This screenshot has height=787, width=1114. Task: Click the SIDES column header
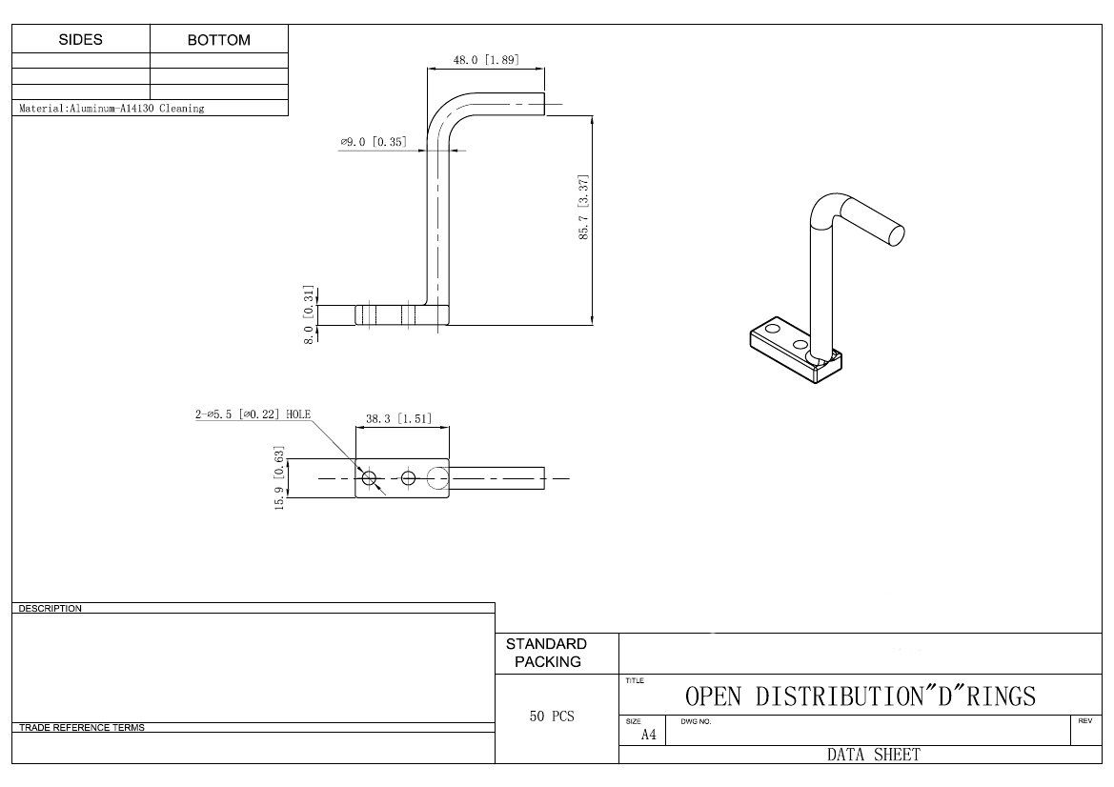pyautogui.click(x=81, y=40)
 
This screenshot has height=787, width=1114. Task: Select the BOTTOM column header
pyautogui.click(x=219, y=40)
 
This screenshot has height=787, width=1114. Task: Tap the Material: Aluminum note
pyautogui.click(x=111, y=109)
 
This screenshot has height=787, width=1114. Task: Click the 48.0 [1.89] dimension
pyautogui.click(x=485, y=60)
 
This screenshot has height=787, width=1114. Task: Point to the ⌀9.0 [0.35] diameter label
pyautogui.click(x=374, y=142)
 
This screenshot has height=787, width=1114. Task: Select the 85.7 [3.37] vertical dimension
pyautogui.click(x=584, y=207)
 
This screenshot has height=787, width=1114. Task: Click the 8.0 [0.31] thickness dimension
pyautogui.click(x=309, y=313)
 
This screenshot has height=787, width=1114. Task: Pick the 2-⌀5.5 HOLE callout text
pyautogui.click(x=253, y=414)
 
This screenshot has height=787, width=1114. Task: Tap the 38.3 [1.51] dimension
pyautogui.click(x=400, y=418)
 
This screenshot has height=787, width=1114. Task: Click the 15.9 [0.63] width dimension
pyautogui.click(x=280, y=478)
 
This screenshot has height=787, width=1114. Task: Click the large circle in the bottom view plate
pyautogui.click(x=437, y=477)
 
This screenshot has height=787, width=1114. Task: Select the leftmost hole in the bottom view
pyautogui.click(x=370, y=477)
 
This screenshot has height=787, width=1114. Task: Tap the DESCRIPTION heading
pyautogui.click(x=51, y=608)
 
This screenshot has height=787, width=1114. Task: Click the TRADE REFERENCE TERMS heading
pyautogui.click(x=82, y=728)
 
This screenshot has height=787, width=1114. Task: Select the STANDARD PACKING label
pyautogui.click(x=547, y=653)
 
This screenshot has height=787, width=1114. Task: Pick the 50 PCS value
pyautogui.click(x=552, y=716)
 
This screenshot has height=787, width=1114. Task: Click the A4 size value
pyautogui.click(x=648, y=735)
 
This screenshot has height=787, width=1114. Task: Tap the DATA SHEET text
pyautogui.click(x=873, y=755)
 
